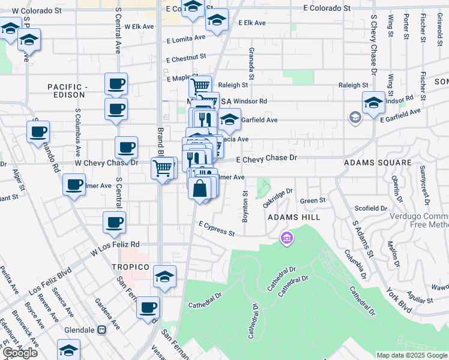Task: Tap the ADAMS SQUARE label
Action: (x=377, y=163)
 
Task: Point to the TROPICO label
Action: (x=129, y=266)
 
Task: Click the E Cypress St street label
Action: (x=216, y=227)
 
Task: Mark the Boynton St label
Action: (x=245, y=206)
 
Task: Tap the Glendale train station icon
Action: (x=102, y=329)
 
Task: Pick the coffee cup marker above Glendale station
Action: (x=148, y=308)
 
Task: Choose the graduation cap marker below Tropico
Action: (x=164, y=276)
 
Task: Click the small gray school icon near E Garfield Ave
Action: (x=355, y=117)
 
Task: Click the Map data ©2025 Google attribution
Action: (x=412, y=355)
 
